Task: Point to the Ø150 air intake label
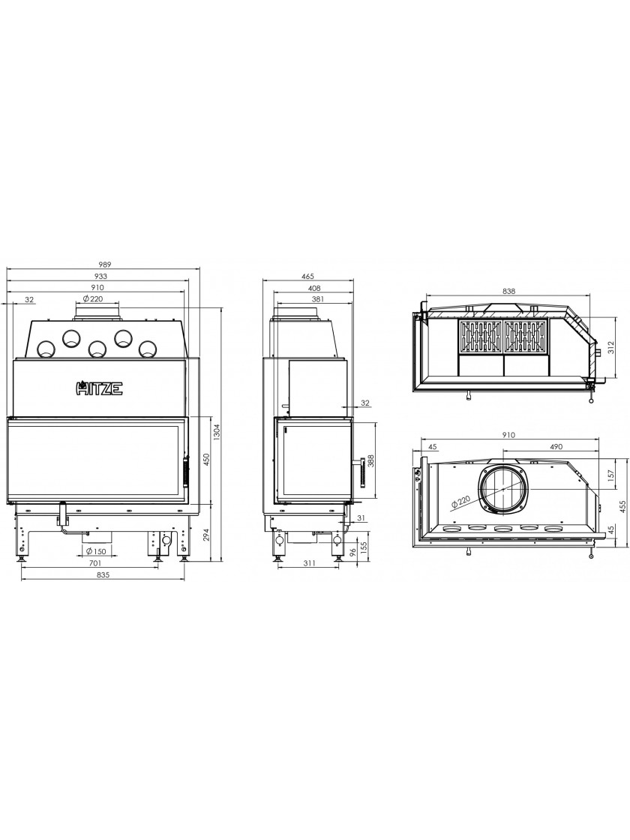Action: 94,552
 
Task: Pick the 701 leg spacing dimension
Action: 94,563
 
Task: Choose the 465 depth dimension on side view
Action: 307,277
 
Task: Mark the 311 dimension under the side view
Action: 308,563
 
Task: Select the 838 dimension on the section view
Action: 509,292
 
